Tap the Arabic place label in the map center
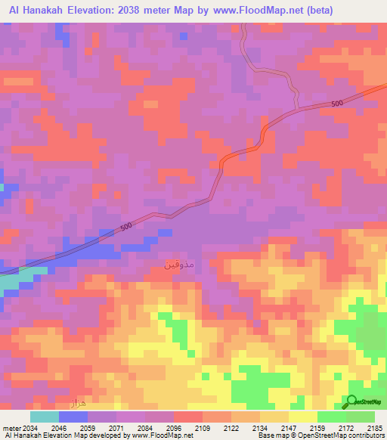click(x=179, y=265)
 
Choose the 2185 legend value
click(x=374, y=427)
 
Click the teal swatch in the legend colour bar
click(x=44, y=417)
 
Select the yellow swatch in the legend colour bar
click(x=302, y=417)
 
